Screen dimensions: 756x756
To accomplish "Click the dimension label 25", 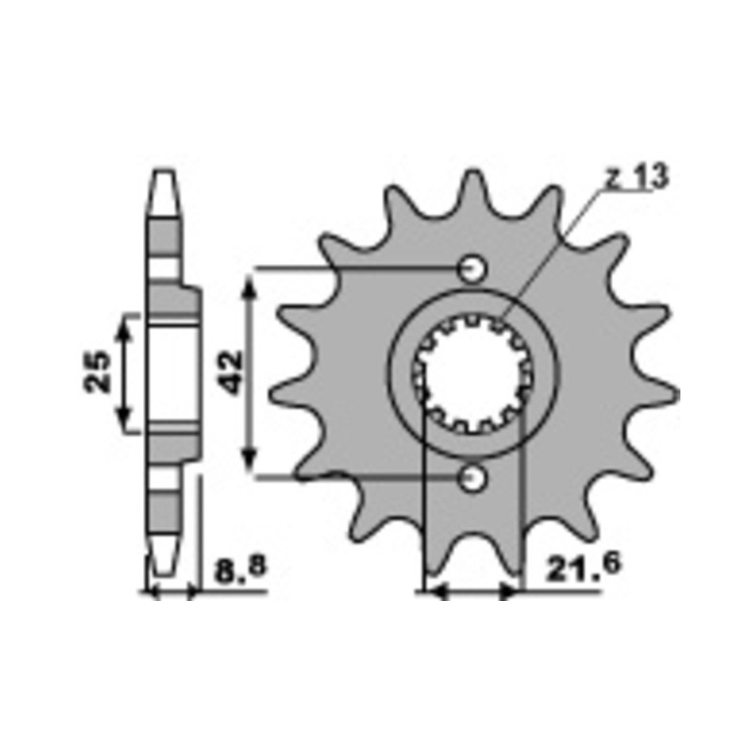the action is point(98,371).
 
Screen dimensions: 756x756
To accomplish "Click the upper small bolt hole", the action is point(472,268).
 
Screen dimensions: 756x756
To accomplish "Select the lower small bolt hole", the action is point(472,479).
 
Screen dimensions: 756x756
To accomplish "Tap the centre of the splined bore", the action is point(472,373).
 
